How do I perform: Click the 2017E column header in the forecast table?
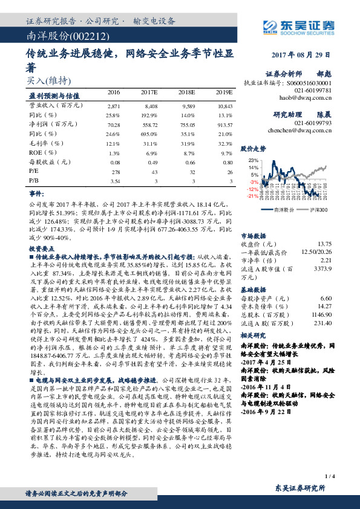(149, 93)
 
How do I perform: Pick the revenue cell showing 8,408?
(151, 105)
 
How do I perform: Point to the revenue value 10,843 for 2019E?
(224, 105)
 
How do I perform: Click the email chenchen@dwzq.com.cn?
(299, 129)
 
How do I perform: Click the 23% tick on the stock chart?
(254, 160)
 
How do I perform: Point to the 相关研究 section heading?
(254, 334)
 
